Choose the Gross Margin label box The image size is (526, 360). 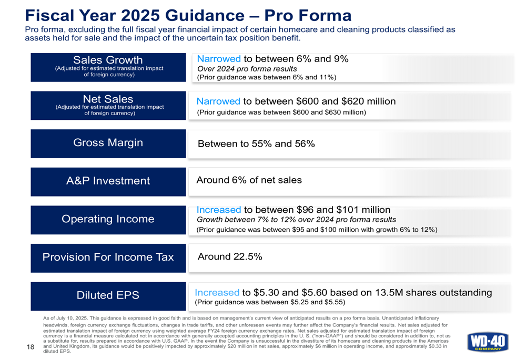[x=108, y=143]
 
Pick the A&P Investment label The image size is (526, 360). [x=108, y=181]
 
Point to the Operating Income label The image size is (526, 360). [x=108, y=219]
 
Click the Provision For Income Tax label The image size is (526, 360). [x=108, y=257]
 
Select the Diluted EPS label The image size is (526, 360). [x=108, y=295]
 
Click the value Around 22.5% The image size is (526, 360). [x=229, y=257]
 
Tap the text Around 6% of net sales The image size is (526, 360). [x=249, y=180]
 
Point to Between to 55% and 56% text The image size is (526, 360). [x=256, y=143]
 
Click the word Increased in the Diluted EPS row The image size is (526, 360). [x=217, y=292]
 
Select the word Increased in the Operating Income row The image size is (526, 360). [x=219, y=210]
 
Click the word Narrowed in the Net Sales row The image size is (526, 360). [x=218, y=101]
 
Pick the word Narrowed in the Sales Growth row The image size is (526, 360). [x=218, y=58]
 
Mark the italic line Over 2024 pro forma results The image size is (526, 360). [x=247, y=68]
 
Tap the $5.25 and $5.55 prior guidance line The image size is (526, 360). [x=270, y=303]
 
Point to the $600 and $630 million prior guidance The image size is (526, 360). [x=281, y=112]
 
